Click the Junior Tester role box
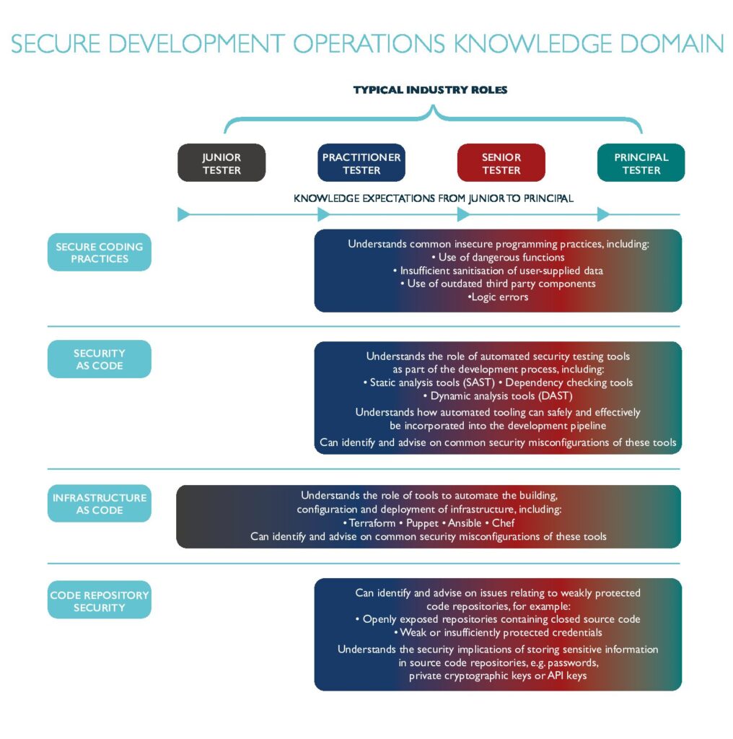221,162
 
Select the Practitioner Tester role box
361,162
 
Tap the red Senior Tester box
501,162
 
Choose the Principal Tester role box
641,162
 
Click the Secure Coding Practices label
100,252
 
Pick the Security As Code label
100,359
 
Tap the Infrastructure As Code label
100,503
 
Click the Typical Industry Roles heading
431,89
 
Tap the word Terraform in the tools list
372,523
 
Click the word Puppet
422,523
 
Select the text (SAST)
479,382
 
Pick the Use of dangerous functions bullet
498,258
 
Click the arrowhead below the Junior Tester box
184,214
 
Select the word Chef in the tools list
503,523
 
